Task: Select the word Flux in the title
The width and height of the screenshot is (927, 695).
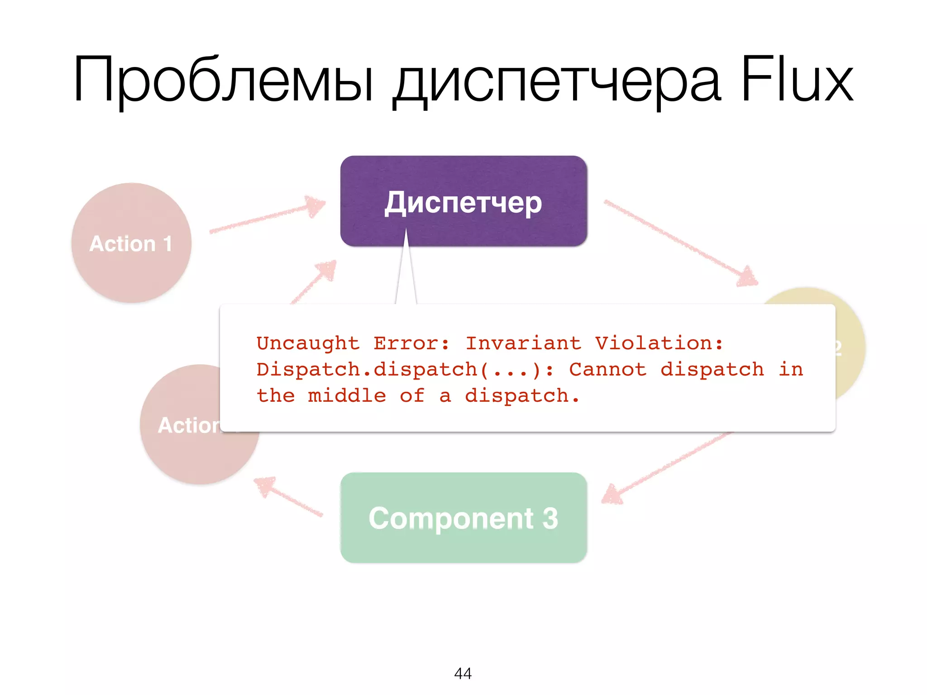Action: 797,79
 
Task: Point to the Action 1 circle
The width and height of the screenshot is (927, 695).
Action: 131,243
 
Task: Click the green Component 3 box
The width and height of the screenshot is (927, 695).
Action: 463,518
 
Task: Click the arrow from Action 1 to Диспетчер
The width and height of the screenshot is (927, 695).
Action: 267,217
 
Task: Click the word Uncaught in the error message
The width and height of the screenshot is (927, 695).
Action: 308,343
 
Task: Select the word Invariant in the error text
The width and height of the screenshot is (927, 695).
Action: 523,343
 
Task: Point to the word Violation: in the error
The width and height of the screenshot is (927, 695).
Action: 659,343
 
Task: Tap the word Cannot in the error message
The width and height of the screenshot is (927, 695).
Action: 607,370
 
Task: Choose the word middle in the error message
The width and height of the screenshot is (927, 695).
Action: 347,396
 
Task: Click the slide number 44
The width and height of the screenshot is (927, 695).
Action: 463,673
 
